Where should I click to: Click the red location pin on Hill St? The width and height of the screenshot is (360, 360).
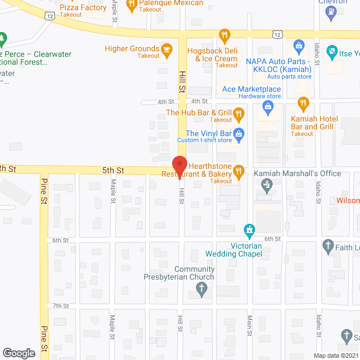[x=179, y=164]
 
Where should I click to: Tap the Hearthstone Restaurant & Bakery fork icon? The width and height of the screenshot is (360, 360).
[x=238, y=170]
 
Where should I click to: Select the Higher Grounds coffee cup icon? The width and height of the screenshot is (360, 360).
[x=166, y=49]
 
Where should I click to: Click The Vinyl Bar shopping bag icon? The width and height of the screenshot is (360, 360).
[x=238, y=134]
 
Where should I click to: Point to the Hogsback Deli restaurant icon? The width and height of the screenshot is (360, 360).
[x=224, y=35]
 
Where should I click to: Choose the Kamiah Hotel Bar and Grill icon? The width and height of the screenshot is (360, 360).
[x=303, y=103]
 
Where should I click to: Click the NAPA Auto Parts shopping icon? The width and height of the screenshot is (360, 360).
[x=299, y=44]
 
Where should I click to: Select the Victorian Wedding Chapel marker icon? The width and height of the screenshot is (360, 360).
[x=248, y=230]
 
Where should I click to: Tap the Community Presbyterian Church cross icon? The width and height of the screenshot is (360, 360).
[x=202, y=289]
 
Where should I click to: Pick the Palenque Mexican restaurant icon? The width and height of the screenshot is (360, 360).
[x=132, y=4]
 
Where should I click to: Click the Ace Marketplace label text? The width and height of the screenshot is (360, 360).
[x=251, y=89]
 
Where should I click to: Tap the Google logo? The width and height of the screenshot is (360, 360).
[x=19, y=353]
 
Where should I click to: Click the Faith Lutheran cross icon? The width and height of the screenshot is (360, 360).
[x=328, y=245]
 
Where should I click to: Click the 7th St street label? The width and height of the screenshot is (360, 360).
[x=60, y=306]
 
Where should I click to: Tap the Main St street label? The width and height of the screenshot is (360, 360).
[x=249, y=325]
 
